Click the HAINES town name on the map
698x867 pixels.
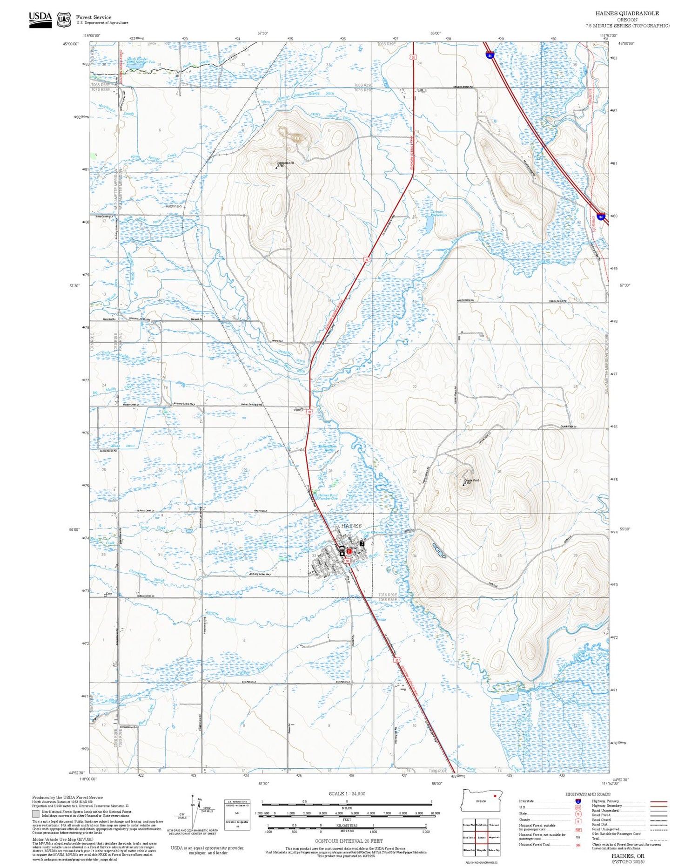pyautogui.click(x=351, y=525)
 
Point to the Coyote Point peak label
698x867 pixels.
pyautogui.click(x=471, y=480)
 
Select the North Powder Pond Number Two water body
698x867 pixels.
pyautogui.click(x=135, y=67)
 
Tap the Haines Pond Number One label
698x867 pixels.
pyautogui.click(x=328, y=497)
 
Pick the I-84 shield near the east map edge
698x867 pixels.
pyautogui.click(x=601, y=217)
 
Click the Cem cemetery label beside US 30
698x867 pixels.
pyautogui.click(x=297, y=410)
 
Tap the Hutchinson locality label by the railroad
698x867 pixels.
pyautogui.click(x=174, y=206)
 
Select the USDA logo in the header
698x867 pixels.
pyautogui.click(x=40, y=20)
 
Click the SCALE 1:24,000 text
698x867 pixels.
pyautogui.click(x=347, y=793)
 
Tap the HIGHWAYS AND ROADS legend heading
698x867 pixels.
pyautogui.click(x=588, y=794)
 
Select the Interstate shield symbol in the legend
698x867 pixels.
pyautogui.click(x=578, y=801)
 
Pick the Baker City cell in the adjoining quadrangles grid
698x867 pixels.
pyautogui.click(x=494, y=850)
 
